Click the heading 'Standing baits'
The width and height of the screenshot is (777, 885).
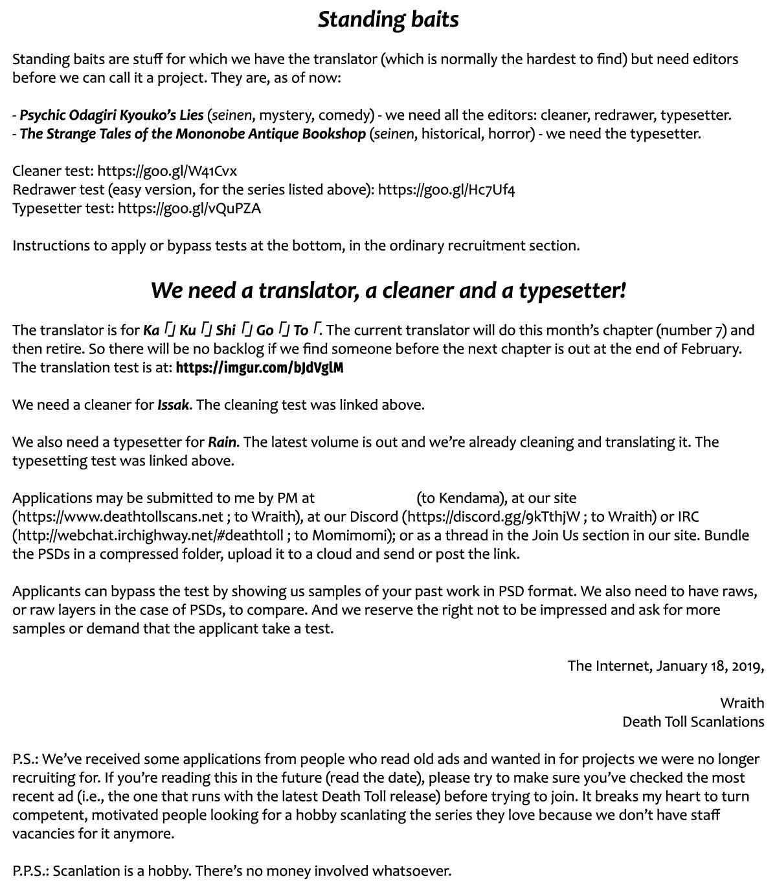[388, 19]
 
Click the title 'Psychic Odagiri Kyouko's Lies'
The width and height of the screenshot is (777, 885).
[111, 115]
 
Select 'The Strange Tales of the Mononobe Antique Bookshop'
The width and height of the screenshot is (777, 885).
[193, 134]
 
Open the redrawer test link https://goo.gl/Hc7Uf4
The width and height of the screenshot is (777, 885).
[446, 190]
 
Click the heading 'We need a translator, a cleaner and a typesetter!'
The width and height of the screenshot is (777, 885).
[388, 290]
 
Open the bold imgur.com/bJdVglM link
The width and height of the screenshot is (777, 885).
[259, 368]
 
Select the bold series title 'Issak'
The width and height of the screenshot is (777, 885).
[174, 405]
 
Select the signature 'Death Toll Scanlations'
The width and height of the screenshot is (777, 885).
[693, 722]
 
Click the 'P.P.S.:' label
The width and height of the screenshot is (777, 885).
[30, 871]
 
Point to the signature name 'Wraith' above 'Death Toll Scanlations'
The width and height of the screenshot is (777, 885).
[741, 703]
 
